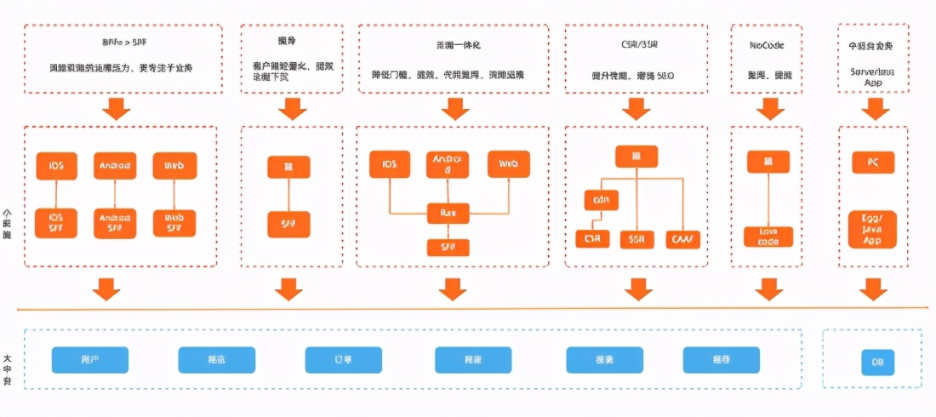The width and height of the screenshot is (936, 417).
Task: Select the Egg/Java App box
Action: (872, 229)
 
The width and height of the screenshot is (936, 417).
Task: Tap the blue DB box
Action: (877, 361)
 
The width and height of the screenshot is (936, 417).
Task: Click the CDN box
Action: (601, 200)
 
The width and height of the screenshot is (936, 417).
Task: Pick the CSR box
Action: (592, 239)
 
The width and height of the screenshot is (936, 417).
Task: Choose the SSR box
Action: (636, 239)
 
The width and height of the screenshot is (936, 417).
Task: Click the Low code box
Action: (768, 237)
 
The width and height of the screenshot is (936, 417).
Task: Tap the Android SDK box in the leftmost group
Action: (116, 223)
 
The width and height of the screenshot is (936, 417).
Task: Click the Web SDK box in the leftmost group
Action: (174, 223)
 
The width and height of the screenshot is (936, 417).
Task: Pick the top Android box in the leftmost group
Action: (116, 165)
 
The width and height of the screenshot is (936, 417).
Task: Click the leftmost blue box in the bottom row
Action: (89, 360)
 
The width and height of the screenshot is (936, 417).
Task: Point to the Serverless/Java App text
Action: (872, 77)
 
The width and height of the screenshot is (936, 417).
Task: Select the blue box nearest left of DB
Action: (722, 360)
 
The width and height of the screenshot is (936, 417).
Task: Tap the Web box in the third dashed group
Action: (509, 163)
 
